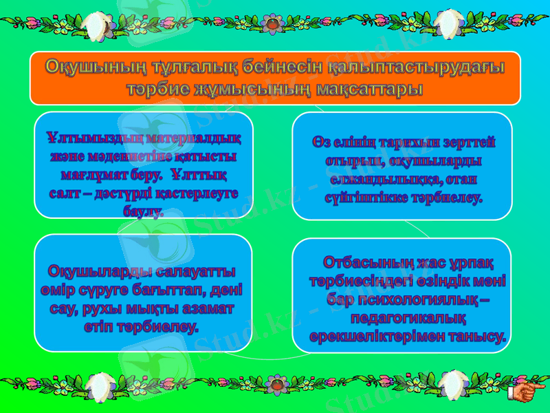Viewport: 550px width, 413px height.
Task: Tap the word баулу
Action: [x=144, y=211]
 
